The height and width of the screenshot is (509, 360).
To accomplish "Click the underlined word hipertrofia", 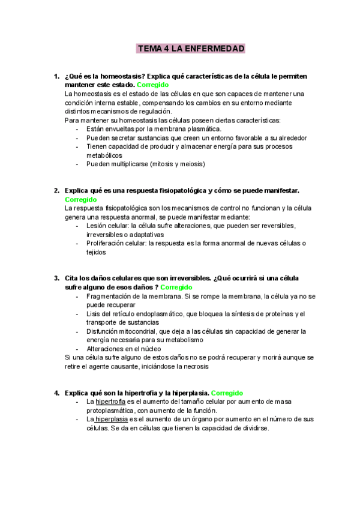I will (x=110, y=402).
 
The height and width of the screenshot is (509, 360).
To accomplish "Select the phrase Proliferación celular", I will (x=116, y=244).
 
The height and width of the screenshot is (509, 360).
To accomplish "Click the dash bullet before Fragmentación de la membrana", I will (x=79, y=297).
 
